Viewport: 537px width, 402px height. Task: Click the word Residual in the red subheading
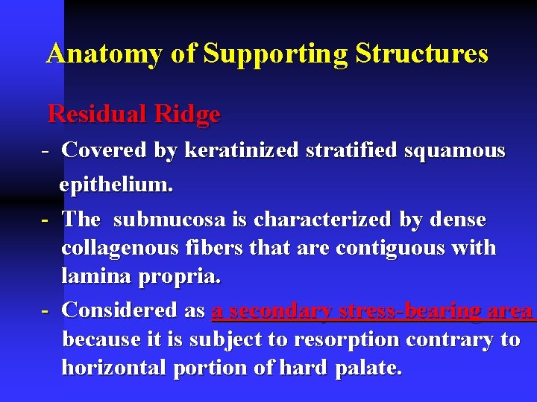tap(96, 114)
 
